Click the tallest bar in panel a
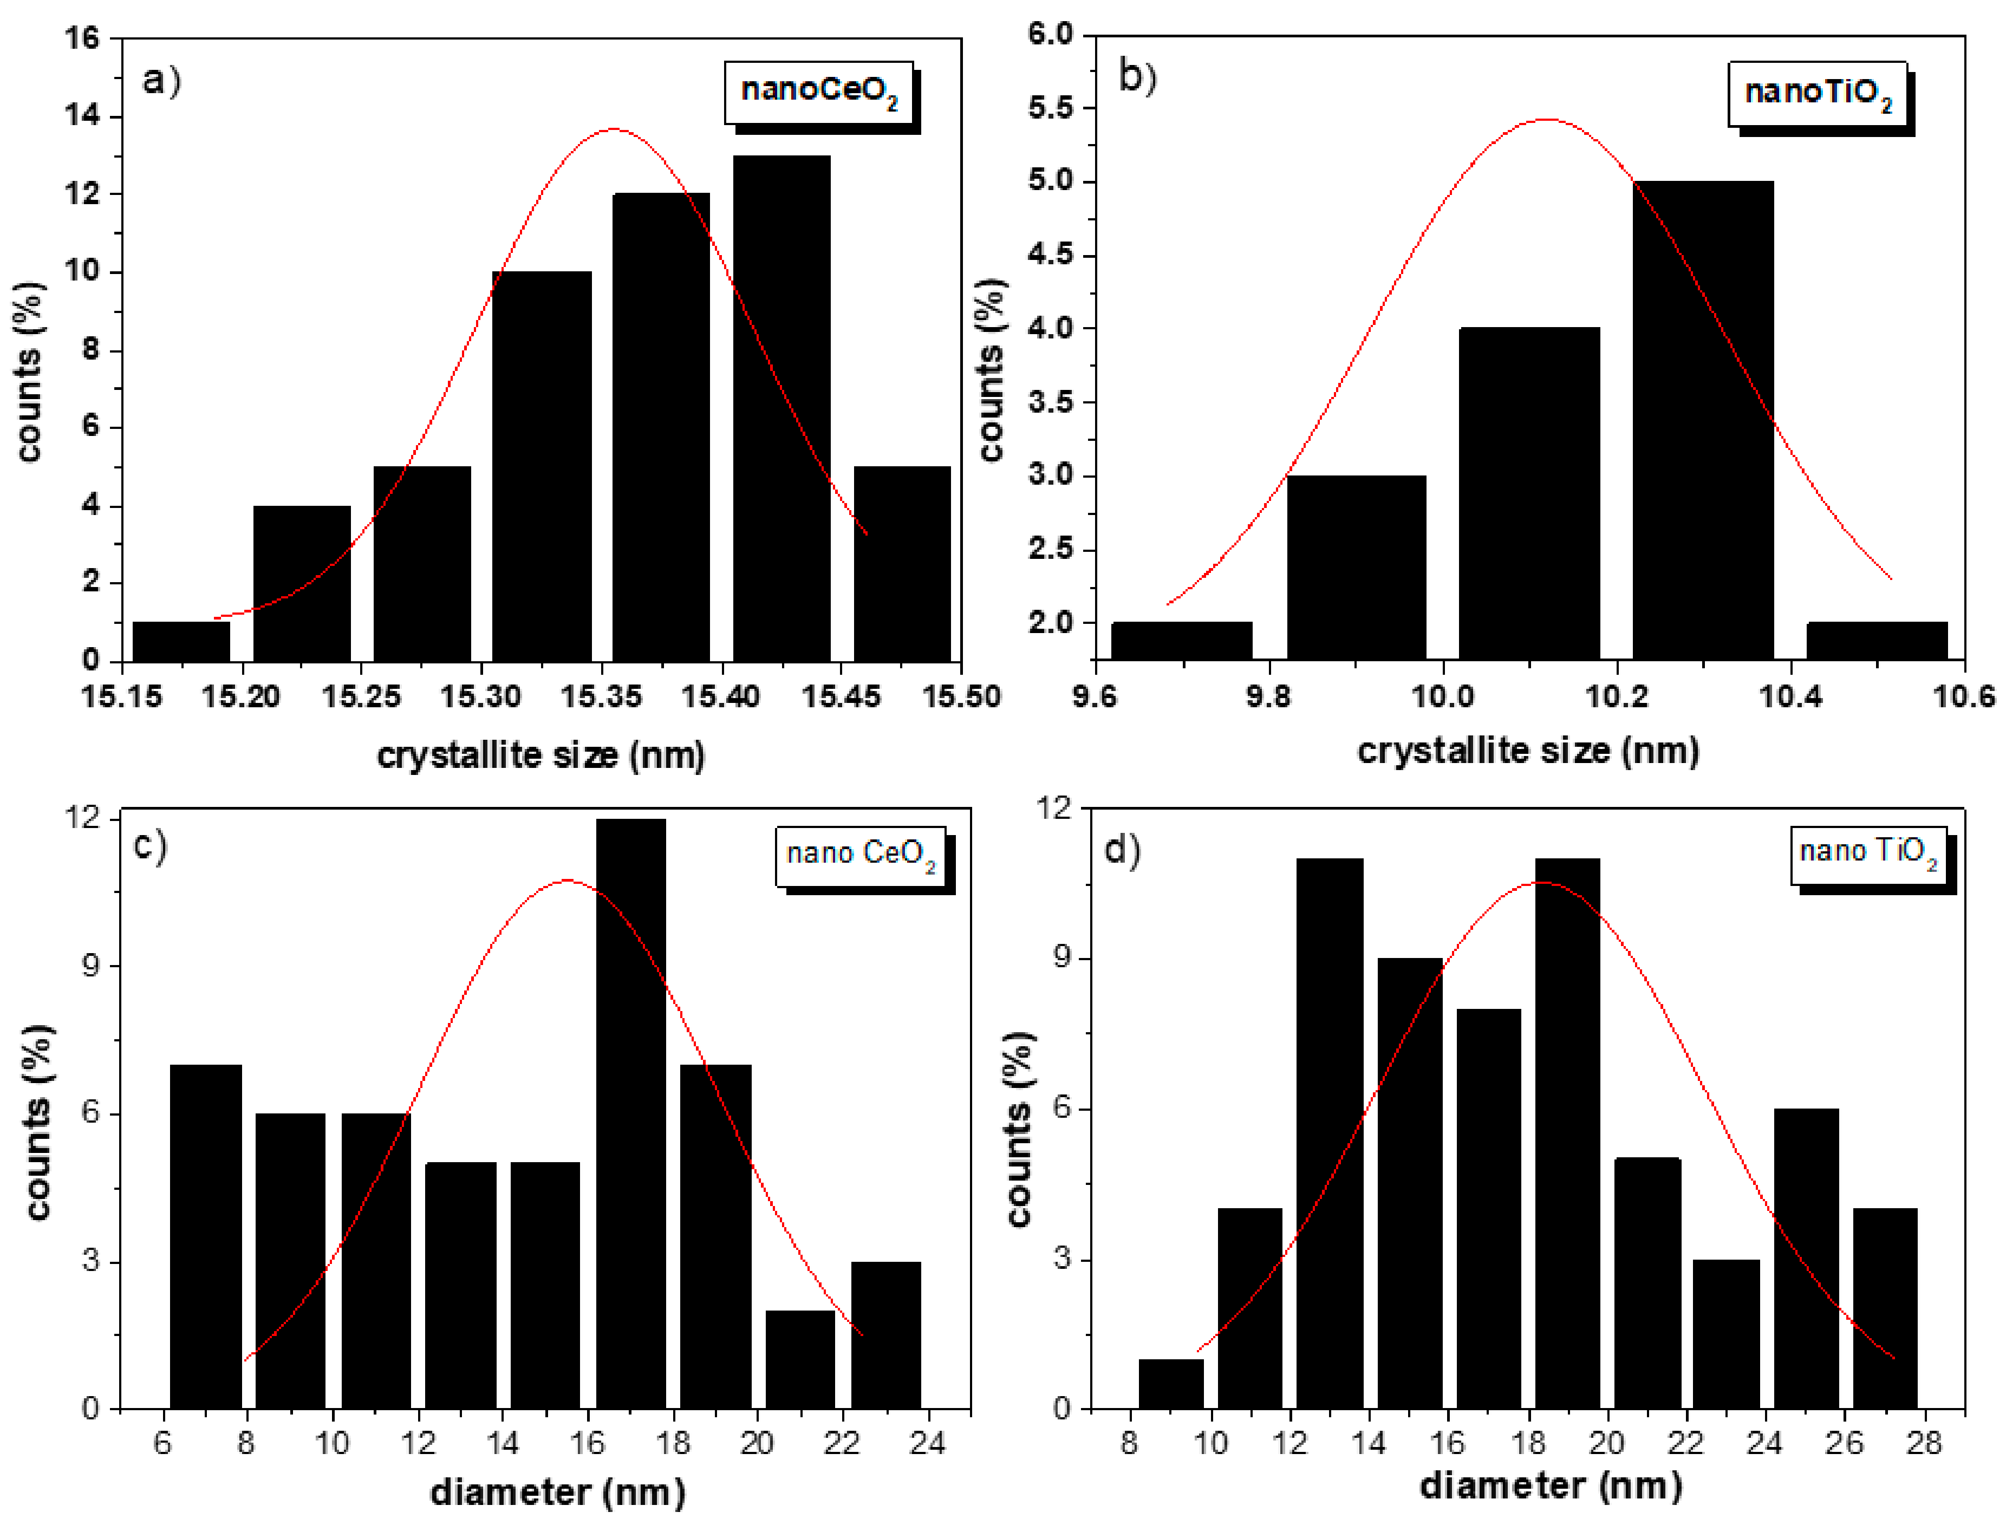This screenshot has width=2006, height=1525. (781, 408)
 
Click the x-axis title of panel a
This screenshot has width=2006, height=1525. (541, 755)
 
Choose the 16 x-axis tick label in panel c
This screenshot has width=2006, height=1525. (587, 1443)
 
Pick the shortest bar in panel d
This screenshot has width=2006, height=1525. (1171, 1384)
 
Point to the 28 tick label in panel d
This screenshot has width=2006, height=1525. (1923, 1443)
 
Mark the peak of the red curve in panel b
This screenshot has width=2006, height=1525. (1545, 119)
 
